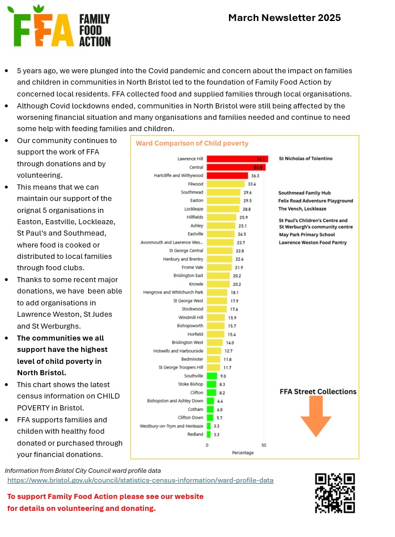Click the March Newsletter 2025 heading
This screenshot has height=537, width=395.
click(x=284, y=18)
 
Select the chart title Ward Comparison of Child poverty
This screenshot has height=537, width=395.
click(x=192, y=144)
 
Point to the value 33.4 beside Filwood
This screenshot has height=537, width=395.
click(x=252, y=184)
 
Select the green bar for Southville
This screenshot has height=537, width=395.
click(x=212, y=376)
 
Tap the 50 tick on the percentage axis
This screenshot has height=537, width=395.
click(x=263, y=445)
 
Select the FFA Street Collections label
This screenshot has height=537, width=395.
click(x=318, y=392)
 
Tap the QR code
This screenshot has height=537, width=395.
click(x=334, y=493)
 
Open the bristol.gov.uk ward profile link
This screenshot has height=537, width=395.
click(x=140, y=480)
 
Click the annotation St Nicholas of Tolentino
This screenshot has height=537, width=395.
click(x=305, y=158)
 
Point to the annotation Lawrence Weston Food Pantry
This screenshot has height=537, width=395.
click(x=313, y=243)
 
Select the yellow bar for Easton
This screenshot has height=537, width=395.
click(x=223, y=201)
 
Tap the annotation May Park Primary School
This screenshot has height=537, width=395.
click(x=307, y=234)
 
